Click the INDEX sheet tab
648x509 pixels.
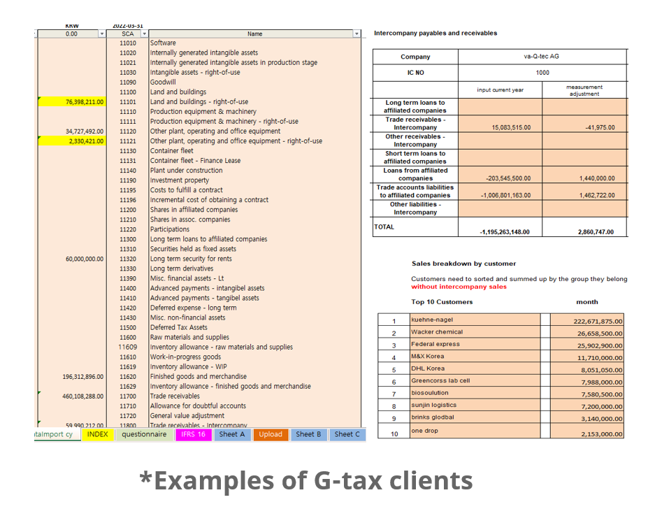98,434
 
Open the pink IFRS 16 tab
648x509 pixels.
193,434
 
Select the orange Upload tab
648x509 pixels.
271,434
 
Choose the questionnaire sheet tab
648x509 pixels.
144,434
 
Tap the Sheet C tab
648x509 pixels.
347,434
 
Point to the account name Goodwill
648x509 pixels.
163,83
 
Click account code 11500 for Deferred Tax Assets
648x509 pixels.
128,327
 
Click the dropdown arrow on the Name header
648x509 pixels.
357,34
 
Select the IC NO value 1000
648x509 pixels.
542,73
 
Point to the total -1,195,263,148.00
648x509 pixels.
500,232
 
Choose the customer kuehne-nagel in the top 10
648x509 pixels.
432,320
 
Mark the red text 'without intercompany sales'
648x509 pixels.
459,287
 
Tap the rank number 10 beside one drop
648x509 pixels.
394,434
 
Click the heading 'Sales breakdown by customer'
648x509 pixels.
463,264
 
